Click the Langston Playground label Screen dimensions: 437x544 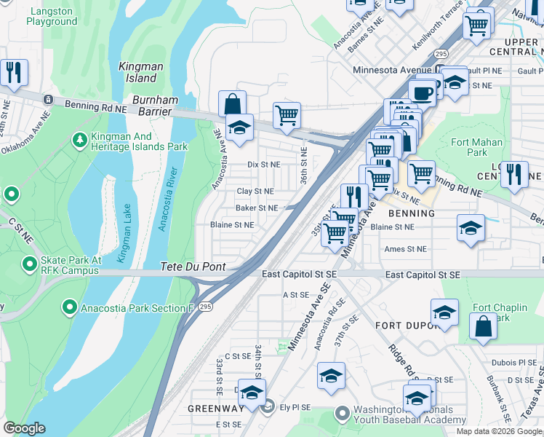point(51,16)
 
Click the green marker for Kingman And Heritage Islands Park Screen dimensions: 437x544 point(80,138)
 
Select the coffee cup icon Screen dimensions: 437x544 point(422,92)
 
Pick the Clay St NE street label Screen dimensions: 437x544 point(255,192)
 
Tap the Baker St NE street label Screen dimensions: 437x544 point(257,208)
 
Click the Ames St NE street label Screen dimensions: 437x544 point(405,248)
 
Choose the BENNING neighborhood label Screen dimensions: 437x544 point(411,213)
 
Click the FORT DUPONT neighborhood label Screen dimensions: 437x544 point(404,326)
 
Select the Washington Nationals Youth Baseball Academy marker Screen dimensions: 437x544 point(343,414)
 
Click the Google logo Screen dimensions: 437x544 point(24,428)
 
